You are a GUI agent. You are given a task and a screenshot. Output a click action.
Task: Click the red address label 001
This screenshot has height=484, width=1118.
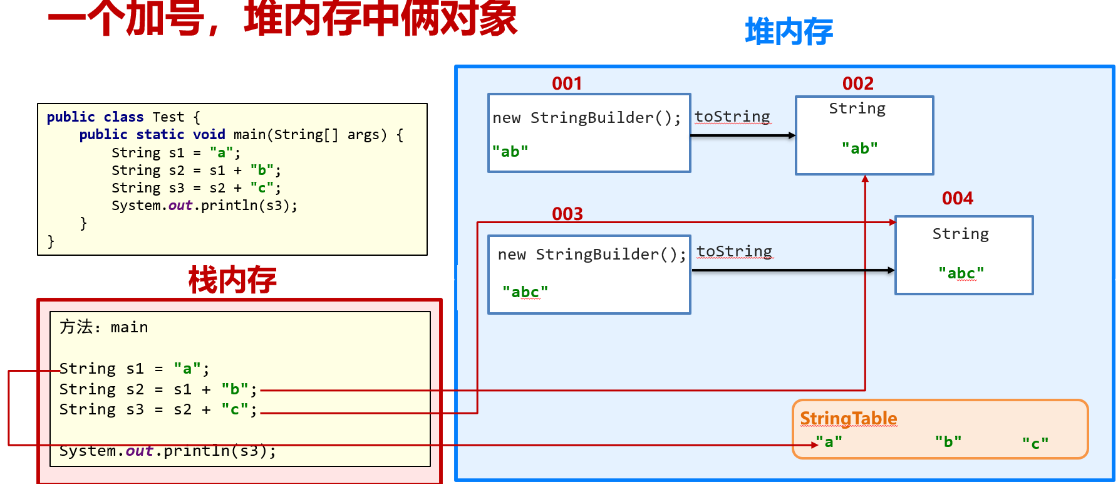point(567,83)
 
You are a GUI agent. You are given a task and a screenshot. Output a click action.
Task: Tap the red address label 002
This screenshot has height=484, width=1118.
point(857,83)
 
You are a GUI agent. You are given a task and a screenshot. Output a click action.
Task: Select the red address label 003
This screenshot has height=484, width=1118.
point(567,214)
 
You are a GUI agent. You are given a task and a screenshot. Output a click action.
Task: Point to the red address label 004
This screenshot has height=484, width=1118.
point(957,198)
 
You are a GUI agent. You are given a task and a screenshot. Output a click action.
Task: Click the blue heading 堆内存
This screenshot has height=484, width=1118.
point(789,32)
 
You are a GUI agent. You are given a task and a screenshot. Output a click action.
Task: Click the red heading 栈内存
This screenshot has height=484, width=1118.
point(232,280)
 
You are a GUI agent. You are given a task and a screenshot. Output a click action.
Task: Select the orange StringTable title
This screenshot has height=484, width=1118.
point(848,418)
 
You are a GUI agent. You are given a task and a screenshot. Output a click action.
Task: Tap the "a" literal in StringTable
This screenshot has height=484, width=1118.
point(829,442)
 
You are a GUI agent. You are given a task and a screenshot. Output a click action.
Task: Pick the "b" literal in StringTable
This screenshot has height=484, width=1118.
point(948,442)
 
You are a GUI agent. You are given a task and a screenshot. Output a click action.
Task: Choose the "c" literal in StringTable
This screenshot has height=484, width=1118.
point(1035,444)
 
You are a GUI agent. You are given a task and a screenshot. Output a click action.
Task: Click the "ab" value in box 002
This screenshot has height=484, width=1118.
point(859,149)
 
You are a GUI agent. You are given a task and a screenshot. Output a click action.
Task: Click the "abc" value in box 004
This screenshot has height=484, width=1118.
point(961,273)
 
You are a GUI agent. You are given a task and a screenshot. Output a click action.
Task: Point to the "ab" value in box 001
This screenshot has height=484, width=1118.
point(510,152)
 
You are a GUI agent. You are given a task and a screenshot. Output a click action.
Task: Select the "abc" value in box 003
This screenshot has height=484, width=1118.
point(525,292)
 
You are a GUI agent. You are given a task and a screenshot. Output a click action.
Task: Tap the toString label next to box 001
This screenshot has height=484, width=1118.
point(732,117)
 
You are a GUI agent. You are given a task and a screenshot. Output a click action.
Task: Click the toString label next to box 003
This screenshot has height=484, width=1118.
point(734,251)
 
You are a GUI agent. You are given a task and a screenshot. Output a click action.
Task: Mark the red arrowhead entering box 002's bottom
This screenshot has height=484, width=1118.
point(865,179)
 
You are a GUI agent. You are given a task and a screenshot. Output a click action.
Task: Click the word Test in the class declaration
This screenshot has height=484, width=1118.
point(168,117)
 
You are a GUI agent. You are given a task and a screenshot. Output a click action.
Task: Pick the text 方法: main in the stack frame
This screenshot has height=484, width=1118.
point(103,327)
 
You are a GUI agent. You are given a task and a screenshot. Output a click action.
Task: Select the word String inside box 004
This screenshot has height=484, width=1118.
point(960,234)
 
